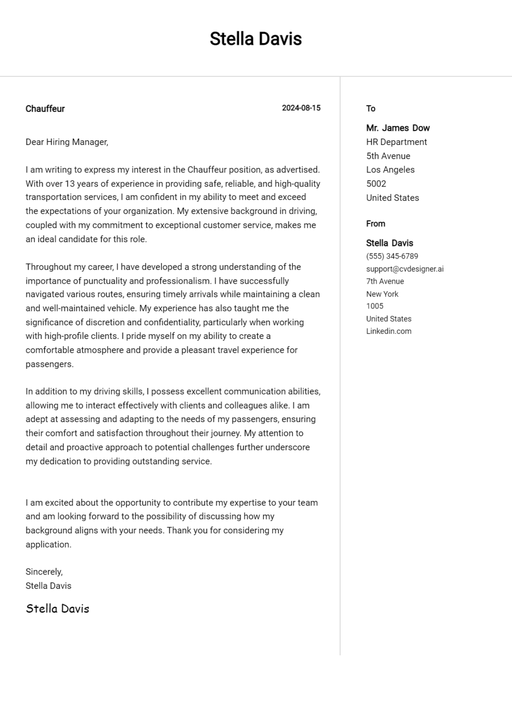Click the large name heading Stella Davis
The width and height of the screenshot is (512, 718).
256,39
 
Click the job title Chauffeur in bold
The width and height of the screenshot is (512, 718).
45,109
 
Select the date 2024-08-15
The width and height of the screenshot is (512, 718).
301,108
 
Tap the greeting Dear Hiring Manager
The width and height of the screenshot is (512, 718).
67,142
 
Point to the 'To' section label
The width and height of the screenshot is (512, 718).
371,108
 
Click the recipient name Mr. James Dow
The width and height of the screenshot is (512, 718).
398,128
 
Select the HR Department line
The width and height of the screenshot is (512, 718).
397,142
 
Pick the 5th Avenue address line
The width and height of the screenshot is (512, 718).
388,156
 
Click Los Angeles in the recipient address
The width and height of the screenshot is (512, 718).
390,170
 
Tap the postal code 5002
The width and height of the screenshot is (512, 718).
376,184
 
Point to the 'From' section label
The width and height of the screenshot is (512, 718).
375,224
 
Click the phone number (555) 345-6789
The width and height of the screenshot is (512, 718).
392,256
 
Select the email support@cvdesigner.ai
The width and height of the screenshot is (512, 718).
405,269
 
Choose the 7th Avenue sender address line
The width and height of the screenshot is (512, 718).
385,281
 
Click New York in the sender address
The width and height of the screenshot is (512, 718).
382,294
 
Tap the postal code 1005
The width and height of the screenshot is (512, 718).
375,306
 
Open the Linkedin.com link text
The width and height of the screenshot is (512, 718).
389,331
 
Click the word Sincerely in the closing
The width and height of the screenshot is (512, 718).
44,572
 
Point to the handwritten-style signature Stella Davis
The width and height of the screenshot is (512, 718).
58,609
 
